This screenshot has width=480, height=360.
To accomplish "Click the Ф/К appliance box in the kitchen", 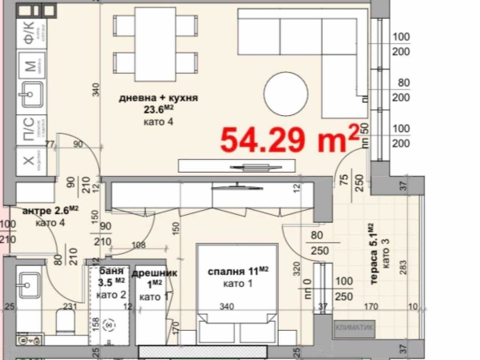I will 29,32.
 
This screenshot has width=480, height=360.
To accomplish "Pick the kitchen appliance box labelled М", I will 29,66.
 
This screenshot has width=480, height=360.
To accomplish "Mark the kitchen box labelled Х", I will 29,160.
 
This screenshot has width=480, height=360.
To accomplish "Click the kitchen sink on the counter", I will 30,96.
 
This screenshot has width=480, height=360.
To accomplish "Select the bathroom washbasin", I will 30,285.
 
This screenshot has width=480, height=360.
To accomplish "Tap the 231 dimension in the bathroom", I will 71,306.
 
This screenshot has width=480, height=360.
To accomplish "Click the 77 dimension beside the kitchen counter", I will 51,144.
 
